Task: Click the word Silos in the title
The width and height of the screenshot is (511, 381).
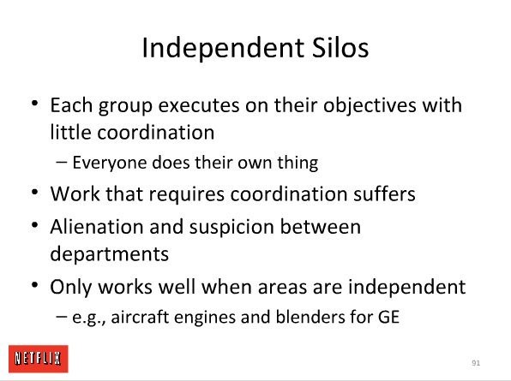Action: [340, 48]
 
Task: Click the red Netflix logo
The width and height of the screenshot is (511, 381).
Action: [39, 359]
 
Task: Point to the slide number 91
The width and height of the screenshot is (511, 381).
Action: [476, 363]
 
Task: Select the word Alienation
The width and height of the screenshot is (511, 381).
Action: [97, 226]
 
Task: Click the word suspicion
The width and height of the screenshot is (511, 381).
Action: [231, 228]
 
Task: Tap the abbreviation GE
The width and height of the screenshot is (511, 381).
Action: [388, 317]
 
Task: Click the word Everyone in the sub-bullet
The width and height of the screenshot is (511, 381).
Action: [110, 164]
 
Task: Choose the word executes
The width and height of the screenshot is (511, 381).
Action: [199, 106]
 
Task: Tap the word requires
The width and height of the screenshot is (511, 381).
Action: [187, 195]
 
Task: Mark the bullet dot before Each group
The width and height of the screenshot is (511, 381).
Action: [35, 104]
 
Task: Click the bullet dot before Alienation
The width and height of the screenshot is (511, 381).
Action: [35, 225]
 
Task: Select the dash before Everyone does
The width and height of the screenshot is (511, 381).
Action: [62, 162]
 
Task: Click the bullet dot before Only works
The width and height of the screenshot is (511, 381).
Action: [35, 285]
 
